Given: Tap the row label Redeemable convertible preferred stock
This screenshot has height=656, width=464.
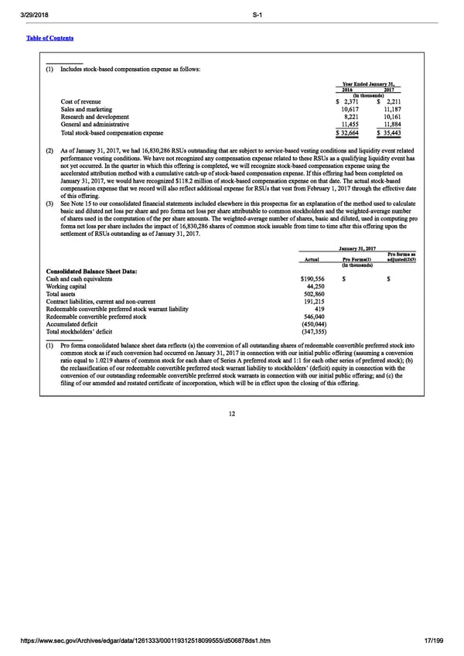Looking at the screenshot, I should pos(113,316).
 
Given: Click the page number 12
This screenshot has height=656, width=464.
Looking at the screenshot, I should pos(232,414).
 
